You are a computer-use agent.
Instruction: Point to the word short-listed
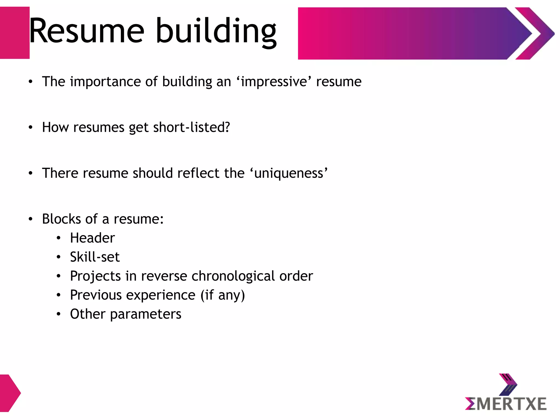click(191, 127)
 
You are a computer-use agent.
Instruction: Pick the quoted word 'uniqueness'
click(288, 173)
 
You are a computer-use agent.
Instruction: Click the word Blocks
click(62, 219)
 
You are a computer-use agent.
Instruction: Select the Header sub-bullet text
click(92, 238)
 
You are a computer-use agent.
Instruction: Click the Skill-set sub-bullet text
click(95, 257)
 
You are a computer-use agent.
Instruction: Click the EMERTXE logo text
click(506, 404)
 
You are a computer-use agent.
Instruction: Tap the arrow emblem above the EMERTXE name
click(508, 384)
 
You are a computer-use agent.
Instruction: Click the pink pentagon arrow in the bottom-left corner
click(9, 393)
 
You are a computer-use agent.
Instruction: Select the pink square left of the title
click(14, 33)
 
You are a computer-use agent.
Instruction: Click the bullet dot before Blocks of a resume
click(31, 219)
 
